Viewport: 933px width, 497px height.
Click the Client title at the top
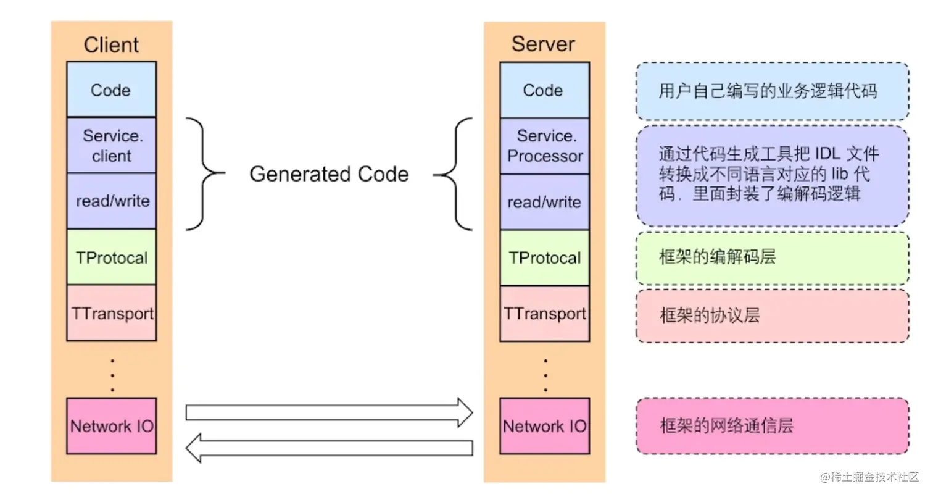111,44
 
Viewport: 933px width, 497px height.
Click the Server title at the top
543,44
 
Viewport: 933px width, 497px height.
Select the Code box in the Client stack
111,90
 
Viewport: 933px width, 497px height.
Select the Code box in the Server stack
544,90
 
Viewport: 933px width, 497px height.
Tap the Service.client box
111,145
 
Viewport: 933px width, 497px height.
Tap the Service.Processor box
544,146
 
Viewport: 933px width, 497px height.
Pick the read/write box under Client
111,201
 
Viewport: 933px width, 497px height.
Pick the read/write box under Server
544,202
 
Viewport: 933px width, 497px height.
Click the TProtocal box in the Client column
111,257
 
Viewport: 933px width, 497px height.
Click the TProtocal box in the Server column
544,257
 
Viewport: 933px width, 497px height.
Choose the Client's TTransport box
111,313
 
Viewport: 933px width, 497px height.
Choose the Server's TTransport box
544,314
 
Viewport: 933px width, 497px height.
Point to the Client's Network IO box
111,426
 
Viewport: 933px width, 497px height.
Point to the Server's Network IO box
544,426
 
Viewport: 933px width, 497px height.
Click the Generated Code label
328,174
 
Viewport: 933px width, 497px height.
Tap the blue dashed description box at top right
772,91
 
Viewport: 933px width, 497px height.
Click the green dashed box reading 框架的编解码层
772,257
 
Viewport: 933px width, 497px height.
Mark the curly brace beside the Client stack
204,174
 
